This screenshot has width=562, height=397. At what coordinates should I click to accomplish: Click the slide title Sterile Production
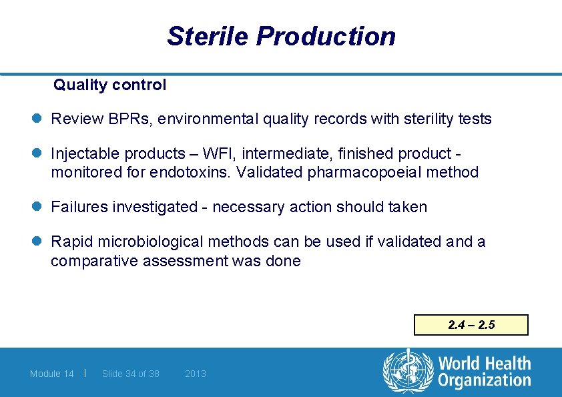tap(281, 36)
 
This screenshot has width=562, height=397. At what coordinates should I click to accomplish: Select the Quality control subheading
tap(110, 85)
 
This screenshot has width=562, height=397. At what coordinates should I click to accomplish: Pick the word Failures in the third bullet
tap(79, 208)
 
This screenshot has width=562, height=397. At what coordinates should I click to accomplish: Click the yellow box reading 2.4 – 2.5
tap(471, 325)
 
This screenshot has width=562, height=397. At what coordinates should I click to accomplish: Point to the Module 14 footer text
tap(52, 374)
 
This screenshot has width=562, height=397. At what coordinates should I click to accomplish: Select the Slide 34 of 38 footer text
tap(131, 374)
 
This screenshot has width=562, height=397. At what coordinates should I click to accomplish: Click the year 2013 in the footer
tap(196, 374)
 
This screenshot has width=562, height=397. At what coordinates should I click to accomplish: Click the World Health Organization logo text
tap(484, 372)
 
